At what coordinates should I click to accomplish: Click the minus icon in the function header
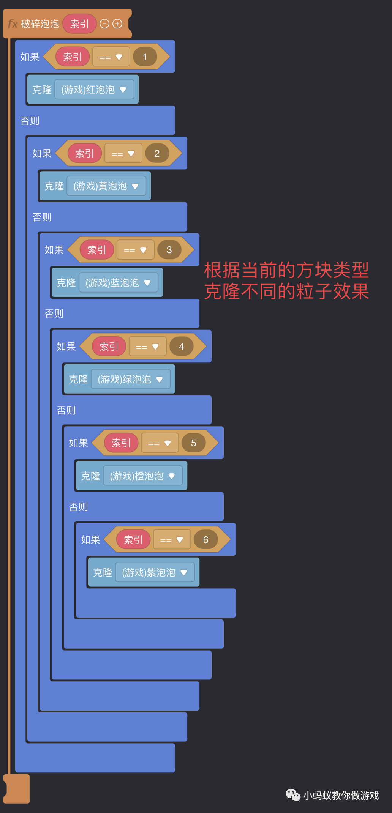104,24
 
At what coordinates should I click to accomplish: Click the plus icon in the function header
118,24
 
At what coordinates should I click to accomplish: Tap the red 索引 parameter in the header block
79,24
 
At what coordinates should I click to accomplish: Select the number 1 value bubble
145,57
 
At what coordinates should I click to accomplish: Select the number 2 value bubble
157,153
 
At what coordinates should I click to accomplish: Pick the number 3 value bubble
169,250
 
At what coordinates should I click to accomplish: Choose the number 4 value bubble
181,347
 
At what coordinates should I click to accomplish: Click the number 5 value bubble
193,443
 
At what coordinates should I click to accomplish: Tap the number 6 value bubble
205,540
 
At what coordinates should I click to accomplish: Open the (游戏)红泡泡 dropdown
94,90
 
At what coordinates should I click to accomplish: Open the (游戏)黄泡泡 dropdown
106,186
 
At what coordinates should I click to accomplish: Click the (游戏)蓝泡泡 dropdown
118,283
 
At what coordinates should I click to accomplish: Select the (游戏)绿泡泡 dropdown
130,379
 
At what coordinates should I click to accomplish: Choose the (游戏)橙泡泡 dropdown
142,476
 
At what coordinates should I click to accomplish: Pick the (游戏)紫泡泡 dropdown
155,572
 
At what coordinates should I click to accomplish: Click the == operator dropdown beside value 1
111,57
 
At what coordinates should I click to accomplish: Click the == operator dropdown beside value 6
172,540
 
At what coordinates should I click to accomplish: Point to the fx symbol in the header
13,24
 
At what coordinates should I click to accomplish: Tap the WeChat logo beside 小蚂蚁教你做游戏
293,795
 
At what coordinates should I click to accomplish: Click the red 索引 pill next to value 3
96,250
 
